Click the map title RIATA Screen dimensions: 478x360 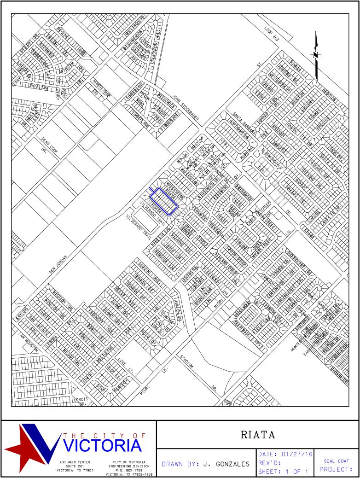[258, 434]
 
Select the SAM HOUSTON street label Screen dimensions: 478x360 [28, 341]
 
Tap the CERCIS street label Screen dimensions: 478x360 [80, 400]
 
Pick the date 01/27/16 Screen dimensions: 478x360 [297, 455]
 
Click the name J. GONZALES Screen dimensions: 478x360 [225, 464]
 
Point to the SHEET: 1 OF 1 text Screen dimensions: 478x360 [283, 472]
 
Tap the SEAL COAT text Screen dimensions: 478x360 [336, 461]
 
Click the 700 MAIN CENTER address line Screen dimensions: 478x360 [75, 462]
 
